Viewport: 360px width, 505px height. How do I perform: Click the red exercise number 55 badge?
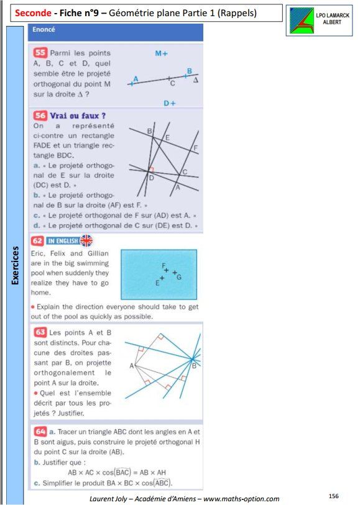pos(40,53)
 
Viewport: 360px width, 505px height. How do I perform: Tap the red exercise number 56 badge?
pos(40,116)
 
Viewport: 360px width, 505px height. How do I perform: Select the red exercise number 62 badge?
pos(37,240)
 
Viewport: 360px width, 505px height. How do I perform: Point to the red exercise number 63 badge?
pos(40,332)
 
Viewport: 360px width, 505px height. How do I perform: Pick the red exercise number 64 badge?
pos(40,432)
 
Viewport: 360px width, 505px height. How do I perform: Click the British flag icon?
pos(86,240)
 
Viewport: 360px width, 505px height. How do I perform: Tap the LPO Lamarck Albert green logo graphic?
pos(302,20)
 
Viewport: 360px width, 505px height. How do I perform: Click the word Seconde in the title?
pos(33,13)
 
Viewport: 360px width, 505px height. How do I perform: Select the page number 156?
pos(333,496)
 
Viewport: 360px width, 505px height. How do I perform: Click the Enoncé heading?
pos(44,29)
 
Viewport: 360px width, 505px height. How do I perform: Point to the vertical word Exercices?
pos(15,266)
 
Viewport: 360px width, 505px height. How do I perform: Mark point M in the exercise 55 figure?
pos(162,53)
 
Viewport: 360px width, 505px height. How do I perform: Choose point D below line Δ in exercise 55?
pos(170,103)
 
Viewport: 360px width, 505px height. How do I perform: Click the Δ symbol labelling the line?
pos(196,80)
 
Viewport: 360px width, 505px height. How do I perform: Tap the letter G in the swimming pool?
pos(179,276)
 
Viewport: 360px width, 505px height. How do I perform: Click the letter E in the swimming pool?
pos(157,283)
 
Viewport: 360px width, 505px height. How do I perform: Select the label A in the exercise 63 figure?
pos(131,366)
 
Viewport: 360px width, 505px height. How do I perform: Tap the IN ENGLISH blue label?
pos(63,241)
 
